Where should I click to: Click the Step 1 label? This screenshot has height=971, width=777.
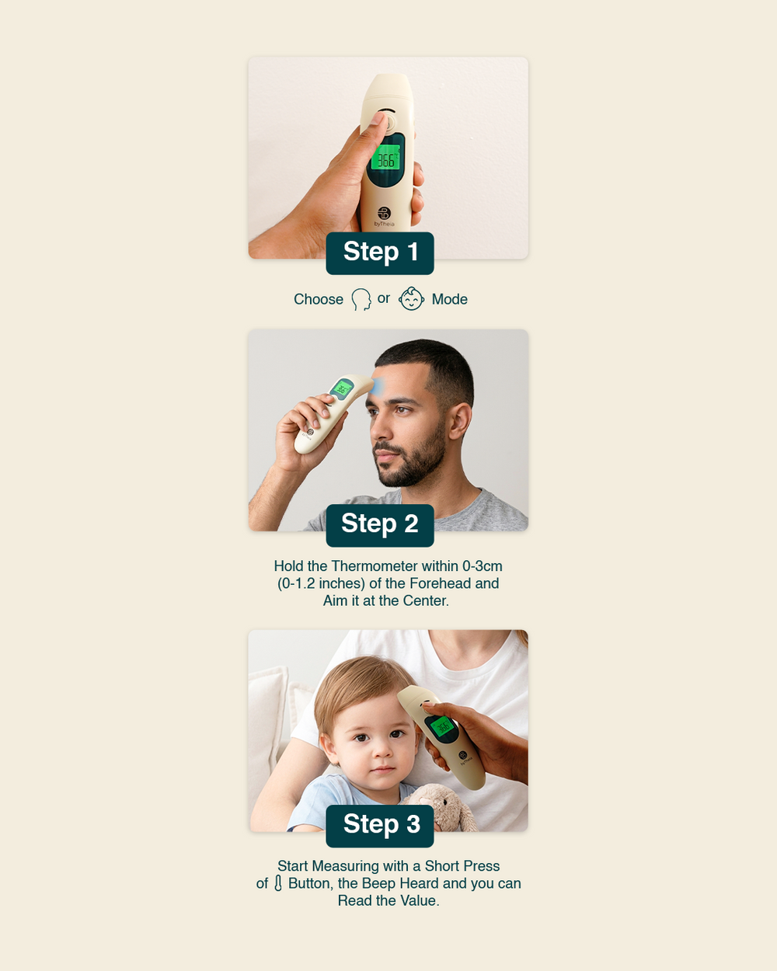[x=380, y=253]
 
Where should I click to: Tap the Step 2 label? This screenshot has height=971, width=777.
[x=380, y=525]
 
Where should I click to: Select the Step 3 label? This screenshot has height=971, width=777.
[x=380, y=826]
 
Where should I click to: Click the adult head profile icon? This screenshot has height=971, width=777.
[x=361, y=300]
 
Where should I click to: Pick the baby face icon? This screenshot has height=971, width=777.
[x=411, y=299]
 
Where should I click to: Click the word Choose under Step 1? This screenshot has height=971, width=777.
[x=319, y=299]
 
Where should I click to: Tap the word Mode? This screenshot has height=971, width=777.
[x=450, y=299]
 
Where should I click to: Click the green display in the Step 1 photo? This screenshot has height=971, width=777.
[x=386, y=158]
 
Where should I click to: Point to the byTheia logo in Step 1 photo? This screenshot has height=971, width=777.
[x=384, y=217]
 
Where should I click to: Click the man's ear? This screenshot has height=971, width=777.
[x=460, y=422]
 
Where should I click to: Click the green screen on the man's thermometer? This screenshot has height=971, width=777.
[x=343, y=388]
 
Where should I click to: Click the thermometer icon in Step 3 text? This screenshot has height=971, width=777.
[x=278, y=883]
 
